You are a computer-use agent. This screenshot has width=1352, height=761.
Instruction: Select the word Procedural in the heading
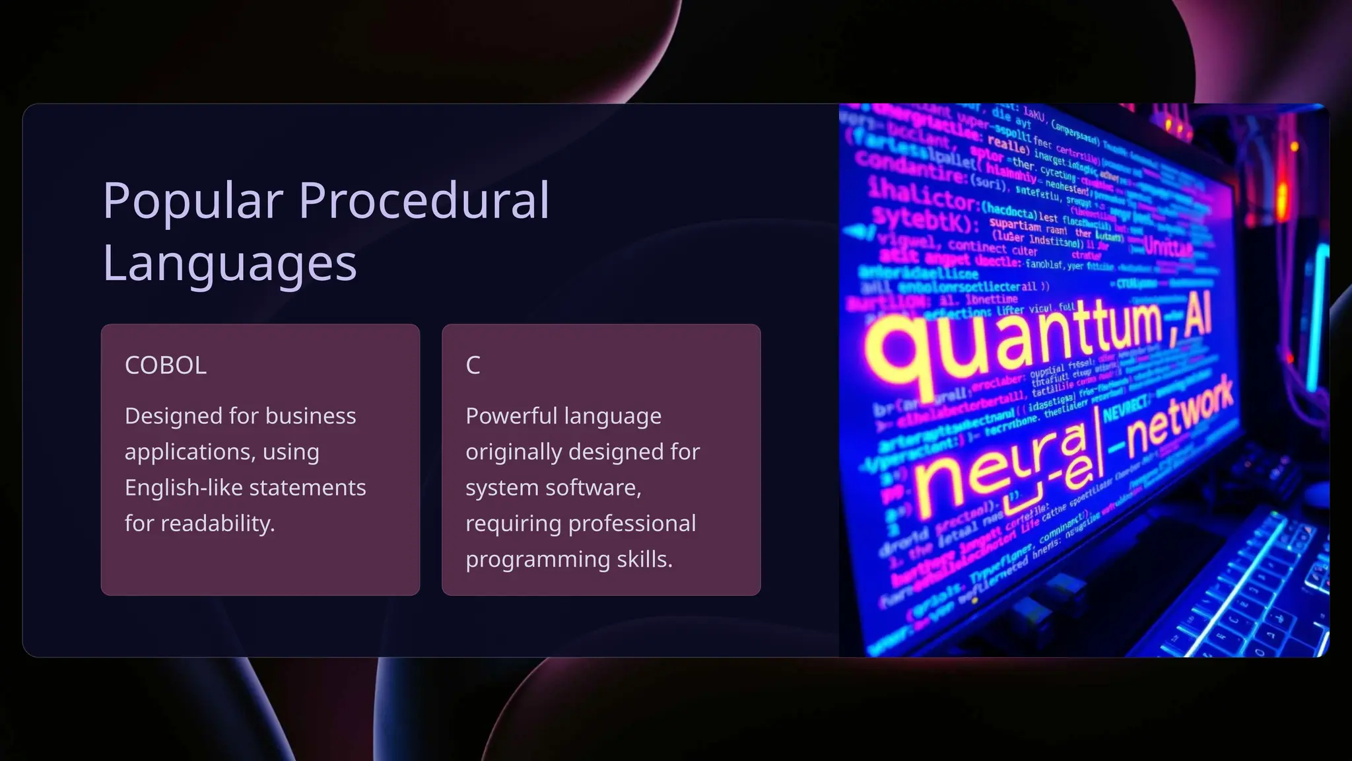424,200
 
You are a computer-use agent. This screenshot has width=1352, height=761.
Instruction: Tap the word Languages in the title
230,264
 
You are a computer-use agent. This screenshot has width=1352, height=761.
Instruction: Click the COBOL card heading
166,365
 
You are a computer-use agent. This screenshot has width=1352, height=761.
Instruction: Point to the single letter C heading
473,365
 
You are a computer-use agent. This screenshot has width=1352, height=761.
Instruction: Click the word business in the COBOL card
310,416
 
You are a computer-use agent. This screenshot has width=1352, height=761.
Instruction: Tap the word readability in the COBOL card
217,524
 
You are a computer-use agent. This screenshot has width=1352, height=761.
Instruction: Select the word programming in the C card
538,560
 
